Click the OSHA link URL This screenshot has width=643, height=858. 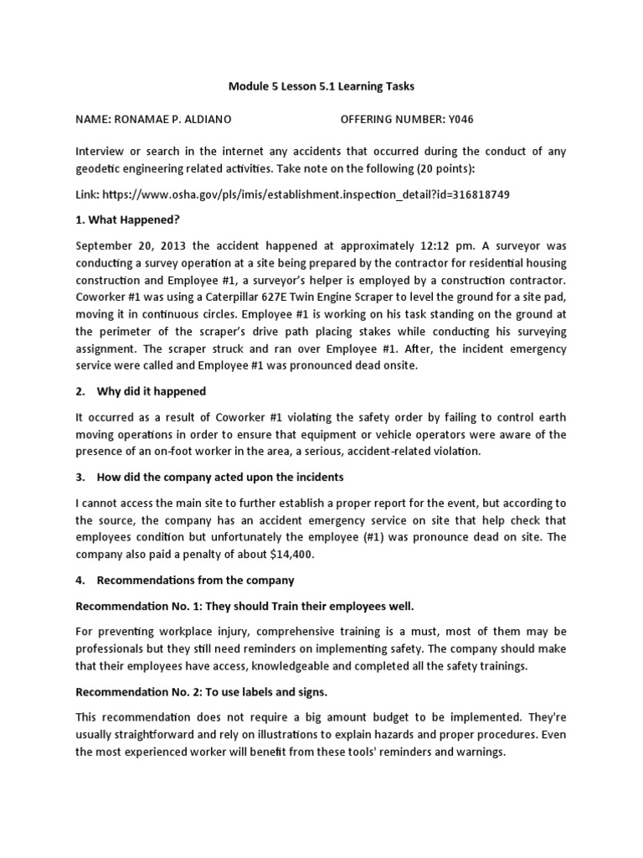[306, 194]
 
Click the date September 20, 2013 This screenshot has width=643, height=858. [127, 246]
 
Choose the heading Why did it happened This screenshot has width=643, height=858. [151, 391]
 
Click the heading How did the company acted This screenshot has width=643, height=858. [209, 477]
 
